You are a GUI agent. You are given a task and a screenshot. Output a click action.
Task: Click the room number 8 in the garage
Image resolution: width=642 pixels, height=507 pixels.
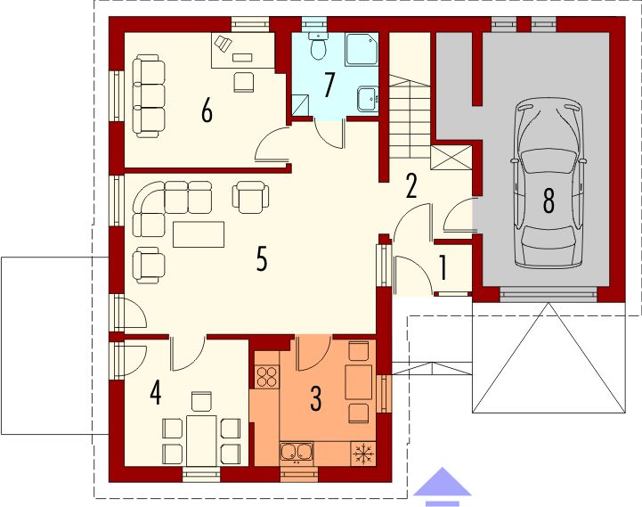pos(549,201)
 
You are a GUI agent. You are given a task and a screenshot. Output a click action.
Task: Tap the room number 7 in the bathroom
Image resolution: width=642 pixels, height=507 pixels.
pos(329,85)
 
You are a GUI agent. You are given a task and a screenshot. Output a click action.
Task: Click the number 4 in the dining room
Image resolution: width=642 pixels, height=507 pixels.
pos(156,392)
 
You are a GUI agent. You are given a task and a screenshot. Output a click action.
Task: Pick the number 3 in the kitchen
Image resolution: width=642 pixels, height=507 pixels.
pos(315,400)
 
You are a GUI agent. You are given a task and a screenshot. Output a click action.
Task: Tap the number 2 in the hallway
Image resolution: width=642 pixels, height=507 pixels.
pos(410,185)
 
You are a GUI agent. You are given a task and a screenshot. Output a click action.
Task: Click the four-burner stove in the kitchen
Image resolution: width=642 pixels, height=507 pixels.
pos(266,376)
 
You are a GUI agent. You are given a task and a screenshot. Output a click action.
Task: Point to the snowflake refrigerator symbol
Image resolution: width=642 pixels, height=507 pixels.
pos(362,454)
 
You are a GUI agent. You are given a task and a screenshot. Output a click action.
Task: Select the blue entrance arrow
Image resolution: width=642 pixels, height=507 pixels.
pos(443,487)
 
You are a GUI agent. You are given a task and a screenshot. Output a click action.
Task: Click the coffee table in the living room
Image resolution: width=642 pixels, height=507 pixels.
pos(199,234)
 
